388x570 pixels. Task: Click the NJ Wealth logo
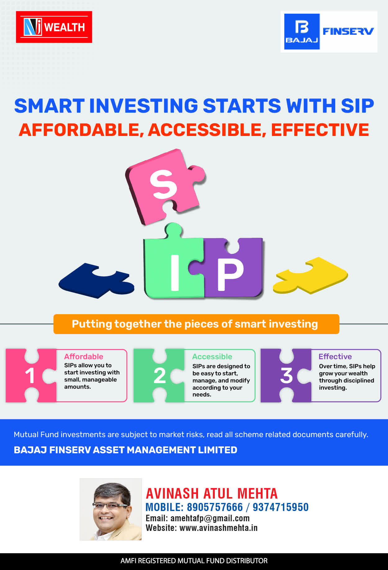tap(54, 27)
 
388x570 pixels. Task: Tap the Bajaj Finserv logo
tap(329, 32)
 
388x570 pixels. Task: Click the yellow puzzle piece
tap(310, 275)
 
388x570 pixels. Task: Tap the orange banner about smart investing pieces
tap(196, 324)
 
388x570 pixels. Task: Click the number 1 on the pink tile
tap(30, 376)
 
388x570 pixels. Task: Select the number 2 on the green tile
tap(160, 376)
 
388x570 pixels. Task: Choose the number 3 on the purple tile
tap(286, 376)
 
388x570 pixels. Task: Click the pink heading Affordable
tap(83, 356)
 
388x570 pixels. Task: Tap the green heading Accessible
tap(212, 356)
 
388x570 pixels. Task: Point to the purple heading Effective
tap(335, 356)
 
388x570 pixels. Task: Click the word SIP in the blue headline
tap(357, 106)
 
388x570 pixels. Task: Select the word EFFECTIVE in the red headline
tap(320, 130)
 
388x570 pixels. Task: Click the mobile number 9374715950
tap(281, 507)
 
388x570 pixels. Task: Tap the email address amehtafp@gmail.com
tap(210, 518)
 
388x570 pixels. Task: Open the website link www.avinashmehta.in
tap(219, 528)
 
